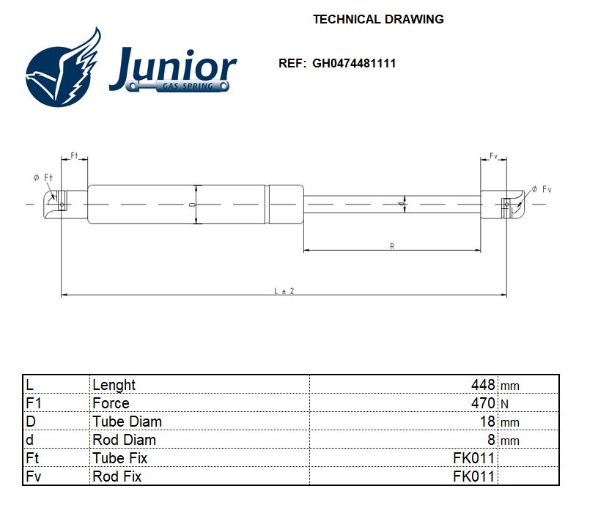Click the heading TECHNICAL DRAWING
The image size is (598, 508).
coord(378,19)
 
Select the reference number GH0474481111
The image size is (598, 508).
coord(354,63)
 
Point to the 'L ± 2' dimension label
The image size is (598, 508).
coord(284,290)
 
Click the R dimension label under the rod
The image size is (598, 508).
coord(392,246)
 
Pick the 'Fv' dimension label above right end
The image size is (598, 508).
coord(494,156)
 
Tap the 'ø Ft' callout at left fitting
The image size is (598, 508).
coord(43,177)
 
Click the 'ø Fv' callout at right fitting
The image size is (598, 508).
coord(542,189)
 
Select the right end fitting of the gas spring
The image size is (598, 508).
coord(504,204)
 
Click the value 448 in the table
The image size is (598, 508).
coord(483,385)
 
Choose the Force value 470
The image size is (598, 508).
coord(483,403)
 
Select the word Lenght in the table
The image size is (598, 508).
coord(114,385)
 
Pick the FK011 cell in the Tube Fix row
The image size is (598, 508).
coord(474,458)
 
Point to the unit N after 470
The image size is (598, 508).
coord(504,404)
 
